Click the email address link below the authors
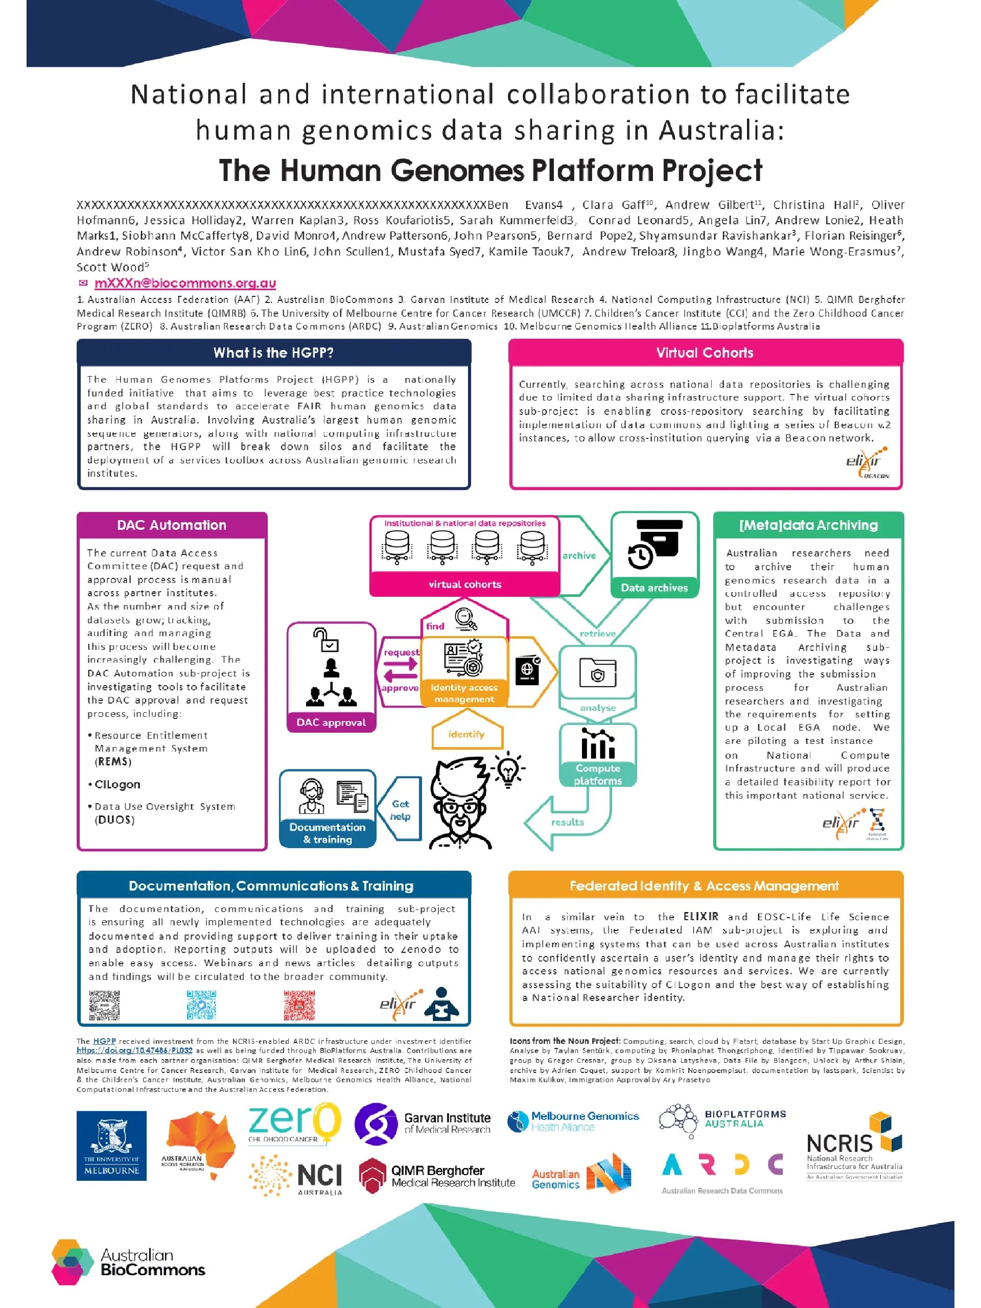[x=184, y=283]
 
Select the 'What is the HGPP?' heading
[x=273, y=353]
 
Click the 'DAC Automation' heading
[x=172, y=525]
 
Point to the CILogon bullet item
[x=117, y=785]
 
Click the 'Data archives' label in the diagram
[x=654, y=588]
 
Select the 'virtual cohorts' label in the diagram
[x=465, y=584]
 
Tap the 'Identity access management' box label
[x=464, y=693]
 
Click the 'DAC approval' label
[x=331, y=722]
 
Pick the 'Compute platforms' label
[x=598, y=775]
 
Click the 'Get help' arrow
[x=401, y=810]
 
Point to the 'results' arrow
[x=567, y=823]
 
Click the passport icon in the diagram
[x=527, y=670]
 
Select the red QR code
[x=299, y=1005]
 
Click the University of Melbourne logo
[x=111, y=1146]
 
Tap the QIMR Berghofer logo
[x=437, y=1176]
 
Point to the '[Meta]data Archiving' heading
[x=808, y=525]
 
